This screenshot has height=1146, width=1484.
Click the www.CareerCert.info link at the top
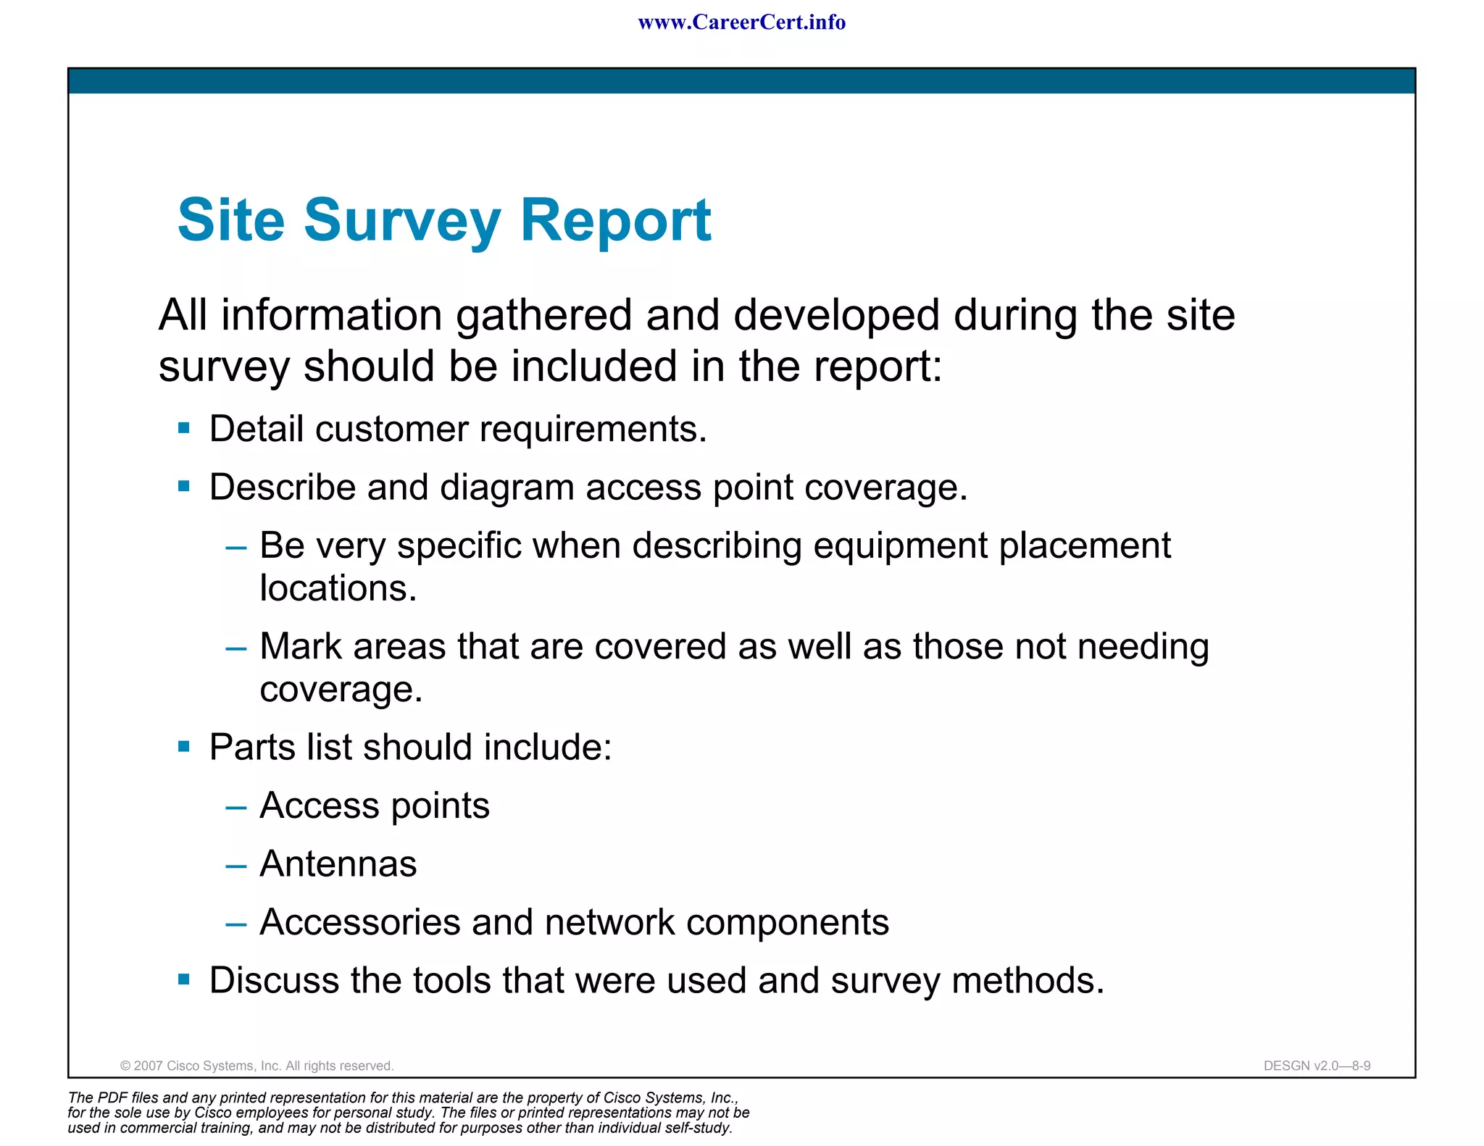point(741,22)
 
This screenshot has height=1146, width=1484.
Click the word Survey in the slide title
point(402,221)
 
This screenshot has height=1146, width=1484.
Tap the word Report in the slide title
point(616,221)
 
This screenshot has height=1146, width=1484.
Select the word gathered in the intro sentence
point(543,317)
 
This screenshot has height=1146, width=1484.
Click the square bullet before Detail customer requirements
point(184,428)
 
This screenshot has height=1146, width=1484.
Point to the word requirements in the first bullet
point(592,430)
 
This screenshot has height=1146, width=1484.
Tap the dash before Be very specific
point(236,547)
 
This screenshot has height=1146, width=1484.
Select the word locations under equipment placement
point(338,588)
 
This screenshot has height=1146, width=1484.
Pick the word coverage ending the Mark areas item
point(340,690)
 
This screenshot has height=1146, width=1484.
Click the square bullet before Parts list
point(184,746)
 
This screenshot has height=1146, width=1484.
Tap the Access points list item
point(374,806)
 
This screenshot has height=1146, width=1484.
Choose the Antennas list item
point(338,864)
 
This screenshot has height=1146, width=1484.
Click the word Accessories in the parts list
point(359,922)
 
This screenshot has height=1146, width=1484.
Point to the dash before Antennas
point(236,865)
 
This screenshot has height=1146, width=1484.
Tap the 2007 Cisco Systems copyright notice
point(257,1066)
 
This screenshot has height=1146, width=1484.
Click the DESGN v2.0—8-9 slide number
point(1317,1066)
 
